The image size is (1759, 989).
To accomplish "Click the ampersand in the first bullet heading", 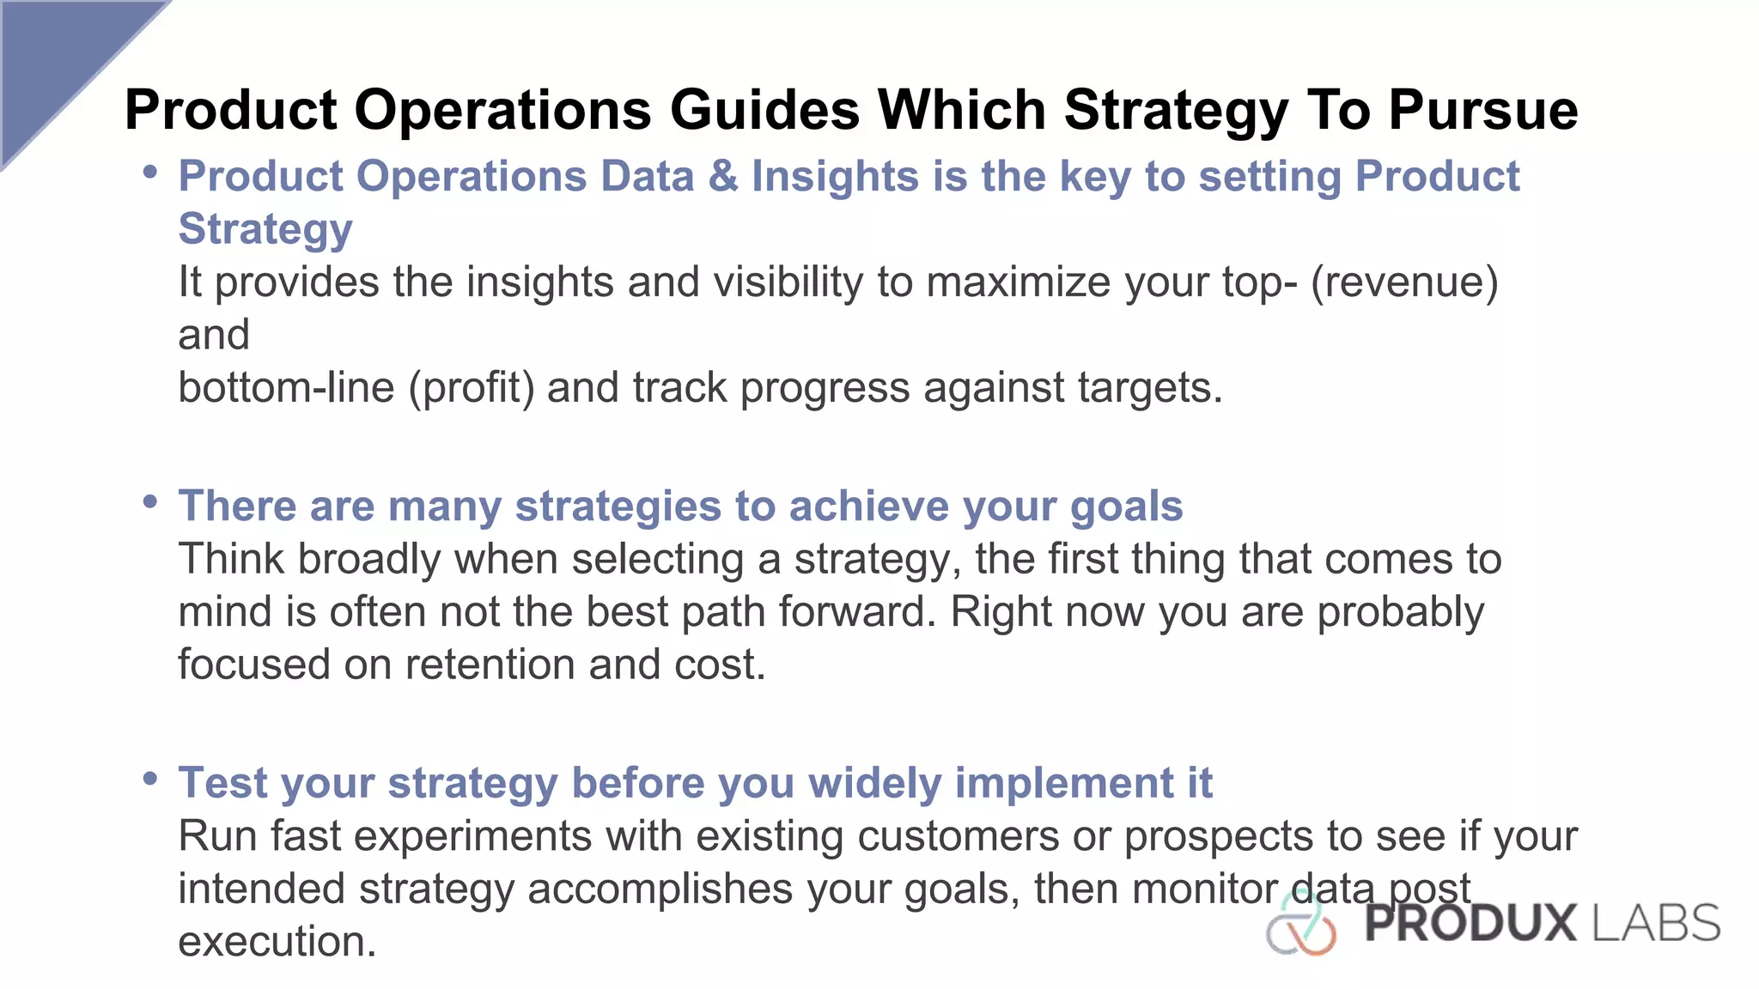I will pyautogui.click(x=723, y=176).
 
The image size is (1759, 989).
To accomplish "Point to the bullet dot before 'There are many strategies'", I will pyautogui.click(x=150, y=501).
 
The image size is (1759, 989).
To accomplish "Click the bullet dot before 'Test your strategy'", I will pyautogui.click(x=150, y=778).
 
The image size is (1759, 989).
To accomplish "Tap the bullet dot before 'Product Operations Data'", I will pyautogui.click(x=150, y=172).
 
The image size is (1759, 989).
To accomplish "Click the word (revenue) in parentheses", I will pyautogui.click(x=1404, y=282).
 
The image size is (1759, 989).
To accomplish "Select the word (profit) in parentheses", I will pyautogui.click(x=472, y=387).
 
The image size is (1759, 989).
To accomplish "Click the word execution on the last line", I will pyautogui.click(x=277, y=942).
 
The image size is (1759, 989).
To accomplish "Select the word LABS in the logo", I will pyautogui.click(x=1657, y=924).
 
